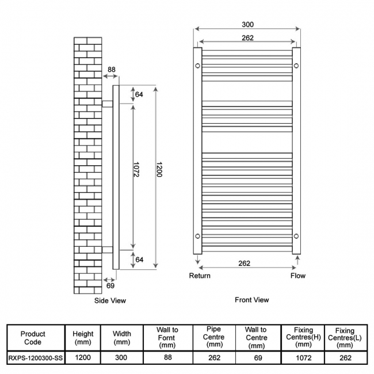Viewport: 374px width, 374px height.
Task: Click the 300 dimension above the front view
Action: (x=247, y=25)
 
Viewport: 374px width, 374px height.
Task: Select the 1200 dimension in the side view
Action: (x=159, y=170)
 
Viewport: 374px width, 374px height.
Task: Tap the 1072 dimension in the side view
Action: (x=136, y=170)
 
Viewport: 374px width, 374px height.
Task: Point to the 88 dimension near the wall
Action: (x=112, y=70)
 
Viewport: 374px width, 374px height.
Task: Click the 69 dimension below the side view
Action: (x=110, y=285)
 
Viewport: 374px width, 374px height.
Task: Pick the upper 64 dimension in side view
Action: (x=139, y=94)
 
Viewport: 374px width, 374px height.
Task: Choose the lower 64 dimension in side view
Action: (x=139, y=259)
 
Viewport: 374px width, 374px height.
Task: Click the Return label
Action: (x=200, y=276)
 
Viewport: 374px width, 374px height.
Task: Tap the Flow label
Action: (x=298, y=276)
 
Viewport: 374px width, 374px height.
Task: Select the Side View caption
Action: (x=110, y=300)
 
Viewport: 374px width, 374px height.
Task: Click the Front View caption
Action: (x=252, y=300)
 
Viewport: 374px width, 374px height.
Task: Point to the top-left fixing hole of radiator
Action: (x=197, y=66)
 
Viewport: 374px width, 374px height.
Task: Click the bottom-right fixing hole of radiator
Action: (x=296, y=236)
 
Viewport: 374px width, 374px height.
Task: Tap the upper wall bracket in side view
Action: (x=108, y=104)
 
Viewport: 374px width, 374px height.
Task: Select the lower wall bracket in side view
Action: (x=108, y=250)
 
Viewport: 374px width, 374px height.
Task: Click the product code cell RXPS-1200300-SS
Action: (x=36, y=358)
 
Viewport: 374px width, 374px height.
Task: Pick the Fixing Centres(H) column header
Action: (x=303, y=337)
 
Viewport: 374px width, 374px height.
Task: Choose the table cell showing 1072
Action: (x=304, y=358)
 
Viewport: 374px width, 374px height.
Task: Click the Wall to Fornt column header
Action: (x=167, y=338)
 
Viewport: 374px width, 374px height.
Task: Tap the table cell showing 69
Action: (x=258, y=358)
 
